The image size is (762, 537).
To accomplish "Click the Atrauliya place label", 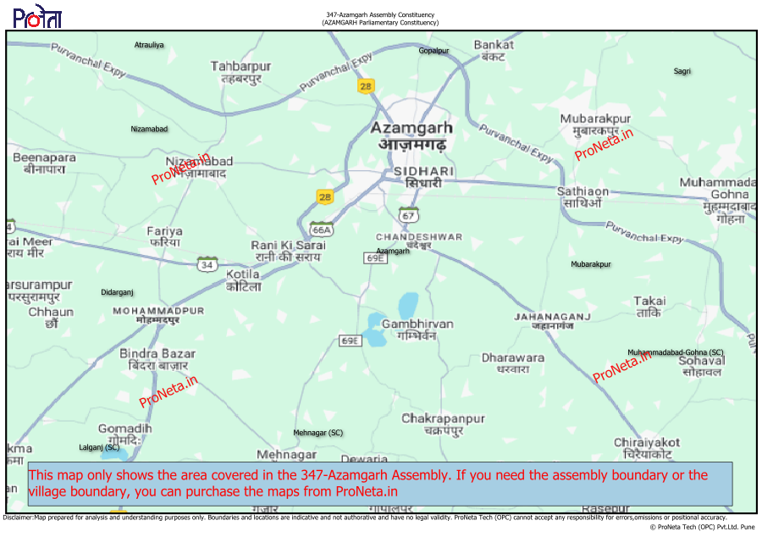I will coord(149,44).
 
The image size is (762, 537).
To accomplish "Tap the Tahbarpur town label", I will coord(240,67).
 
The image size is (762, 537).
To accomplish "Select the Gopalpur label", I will coord(433,51).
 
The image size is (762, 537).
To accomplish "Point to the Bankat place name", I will coord(494,45).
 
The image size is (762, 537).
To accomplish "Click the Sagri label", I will coord(682,71).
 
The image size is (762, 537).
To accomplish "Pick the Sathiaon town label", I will coord(583,192).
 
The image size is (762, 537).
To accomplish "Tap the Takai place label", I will coord(649,302).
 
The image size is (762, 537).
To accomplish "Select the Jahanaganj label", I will coord(552,317).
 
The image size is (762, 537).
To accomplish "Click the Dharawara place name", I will coord(513,358).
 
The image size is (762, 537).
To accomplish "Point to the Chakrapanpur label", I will coord(443,418).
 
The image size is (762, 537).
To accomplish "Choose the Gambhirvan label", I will coord(417,324).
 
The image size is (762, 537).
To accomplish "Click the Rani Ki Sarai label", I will coord(288,246).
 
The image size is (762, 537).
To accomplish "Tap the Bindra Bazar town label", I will coord(157,354).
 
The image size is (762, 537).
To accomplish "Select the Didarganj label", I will coord(118,292).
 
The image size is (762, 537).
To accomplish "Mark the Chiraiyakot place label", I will coord(647,443).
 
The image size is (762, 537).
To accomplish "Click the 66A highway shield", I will coord(323,230).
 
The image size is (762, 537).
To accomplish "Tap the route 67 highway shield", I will coord(409,215).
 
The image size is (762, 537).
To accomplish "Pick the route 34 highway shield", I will coord(207,264).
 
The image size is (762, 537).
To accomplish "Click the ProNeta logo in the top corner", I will coord(37,17).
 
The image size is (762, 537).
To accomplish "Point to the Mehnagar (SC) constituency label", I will coord(318,433).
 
